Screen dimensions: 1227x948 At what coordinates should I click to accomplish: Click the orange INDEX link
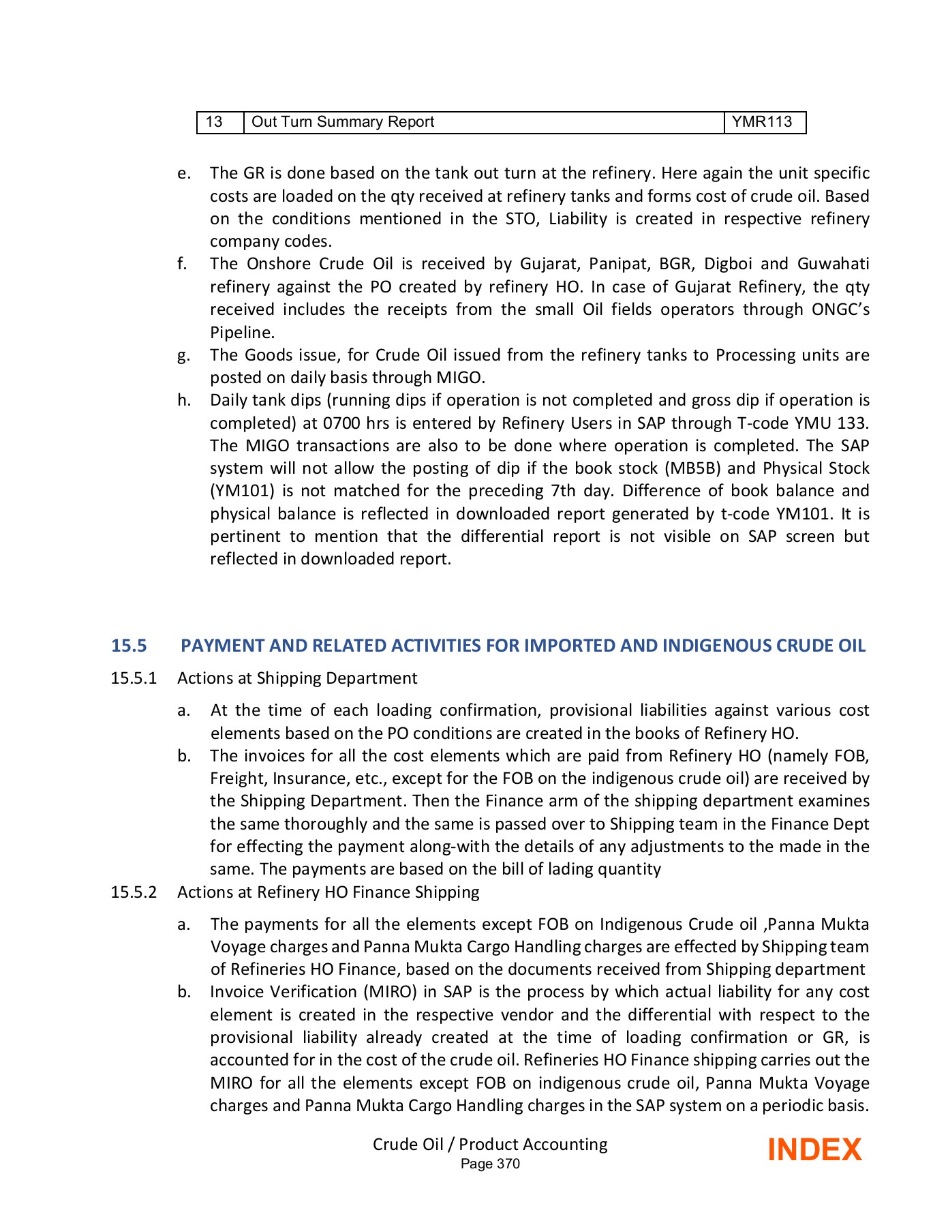(x=814, y=1150)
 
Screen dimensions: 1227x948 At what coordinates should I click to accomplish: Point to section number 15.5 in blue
(x=129, y=646)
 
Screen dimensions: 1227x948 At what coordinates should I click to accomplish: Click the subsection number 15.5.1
(x=134, y=678)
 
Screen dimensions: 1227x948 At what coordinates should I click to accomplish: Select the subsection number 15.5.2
(x=134, y=892)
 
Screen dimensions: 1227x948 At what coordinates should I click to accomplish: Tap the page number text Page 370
(x=490, y=1164)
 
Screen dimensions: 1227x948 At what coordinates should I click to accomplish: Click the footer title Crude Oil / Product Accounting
(x=490, y=1144)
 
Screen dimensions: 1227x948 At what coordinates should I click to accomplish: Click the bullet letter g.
(x=183, y=355)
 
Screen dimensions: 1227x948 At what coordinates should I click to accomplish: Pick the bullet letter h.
(x=183, y=400)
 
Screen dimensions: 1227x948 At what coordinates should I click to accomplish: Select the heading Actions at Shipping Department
(x=297, y=678)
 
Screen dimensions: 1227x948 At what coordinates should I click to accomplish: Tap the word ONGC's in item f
(x=840, y=309)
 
